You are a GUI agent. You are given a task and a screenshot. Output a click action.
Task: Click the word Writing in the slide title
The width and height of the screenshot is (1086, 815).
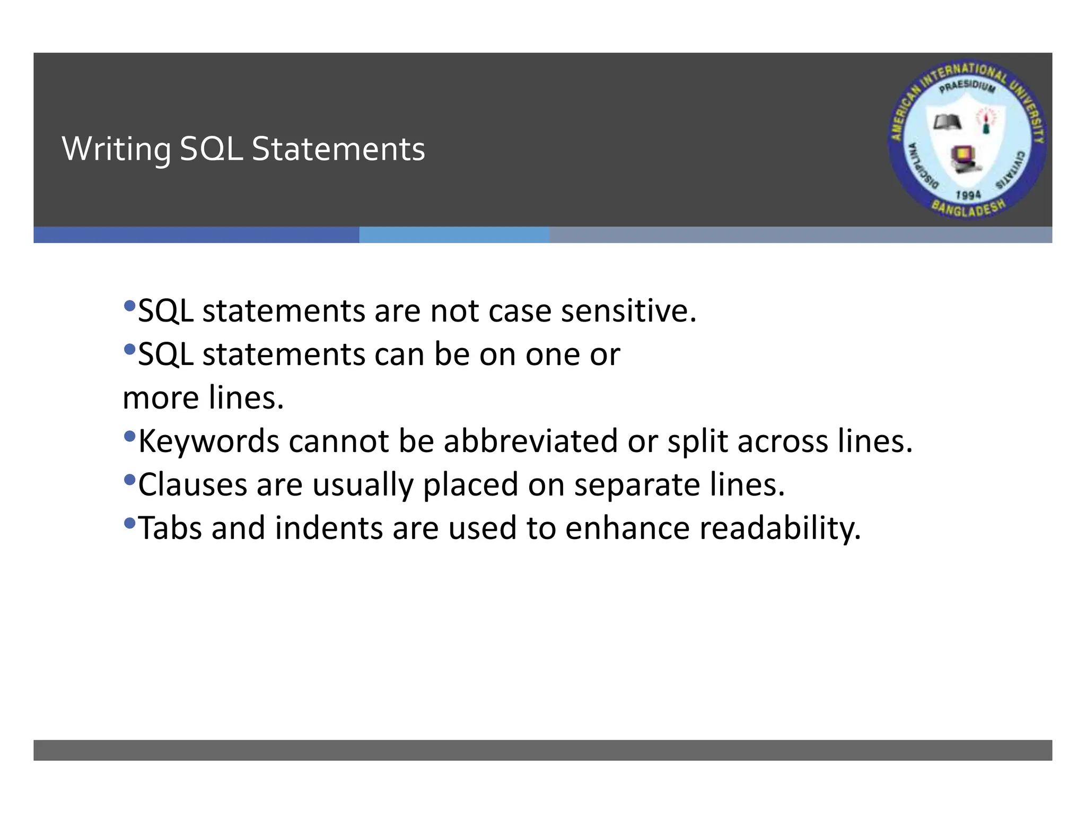pos(116,149)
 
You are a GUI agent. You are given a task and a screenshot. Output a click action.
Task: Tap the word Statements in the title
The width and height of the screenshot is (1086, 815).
pos(338,149)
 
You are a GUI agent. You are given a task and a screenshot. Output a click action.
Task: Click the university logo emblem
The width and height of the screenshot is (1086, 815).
pos(967,140)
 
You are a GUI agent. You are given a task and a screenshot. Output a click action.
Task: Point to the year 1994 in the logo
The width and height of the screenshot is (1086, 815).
pos(968,195)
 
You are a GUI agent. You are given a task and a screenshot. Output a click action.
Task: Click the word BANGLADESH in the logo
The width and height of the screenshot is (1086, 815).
pos(969,208)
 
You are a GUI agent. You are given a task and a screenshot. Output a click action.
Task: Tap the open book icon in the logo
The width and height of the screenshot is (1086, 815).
pos(948,123)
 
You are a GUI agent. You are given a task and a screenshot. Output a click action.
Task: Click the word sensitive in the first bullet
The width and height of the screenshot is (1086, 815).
pos(628,311)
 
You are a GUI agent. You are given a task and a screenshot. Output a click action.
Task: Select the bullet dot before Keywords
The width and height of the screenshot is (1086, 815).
pos(129,437)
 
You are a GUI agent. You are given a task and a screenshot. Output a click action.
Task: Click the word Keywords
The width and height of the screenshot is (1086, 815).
pos(208,441)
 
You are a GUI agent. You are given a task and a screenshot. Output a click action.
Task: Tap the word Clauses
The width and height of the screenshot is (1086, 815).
pos(192,485)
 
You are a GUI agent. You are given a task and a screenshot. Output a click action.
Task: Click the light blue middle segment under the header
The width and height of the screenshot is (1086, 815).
pos(454,235)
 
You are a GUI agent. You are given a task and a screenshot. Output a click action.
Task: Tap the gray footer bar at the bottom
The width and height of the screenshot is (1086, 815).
pos(542,750)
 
